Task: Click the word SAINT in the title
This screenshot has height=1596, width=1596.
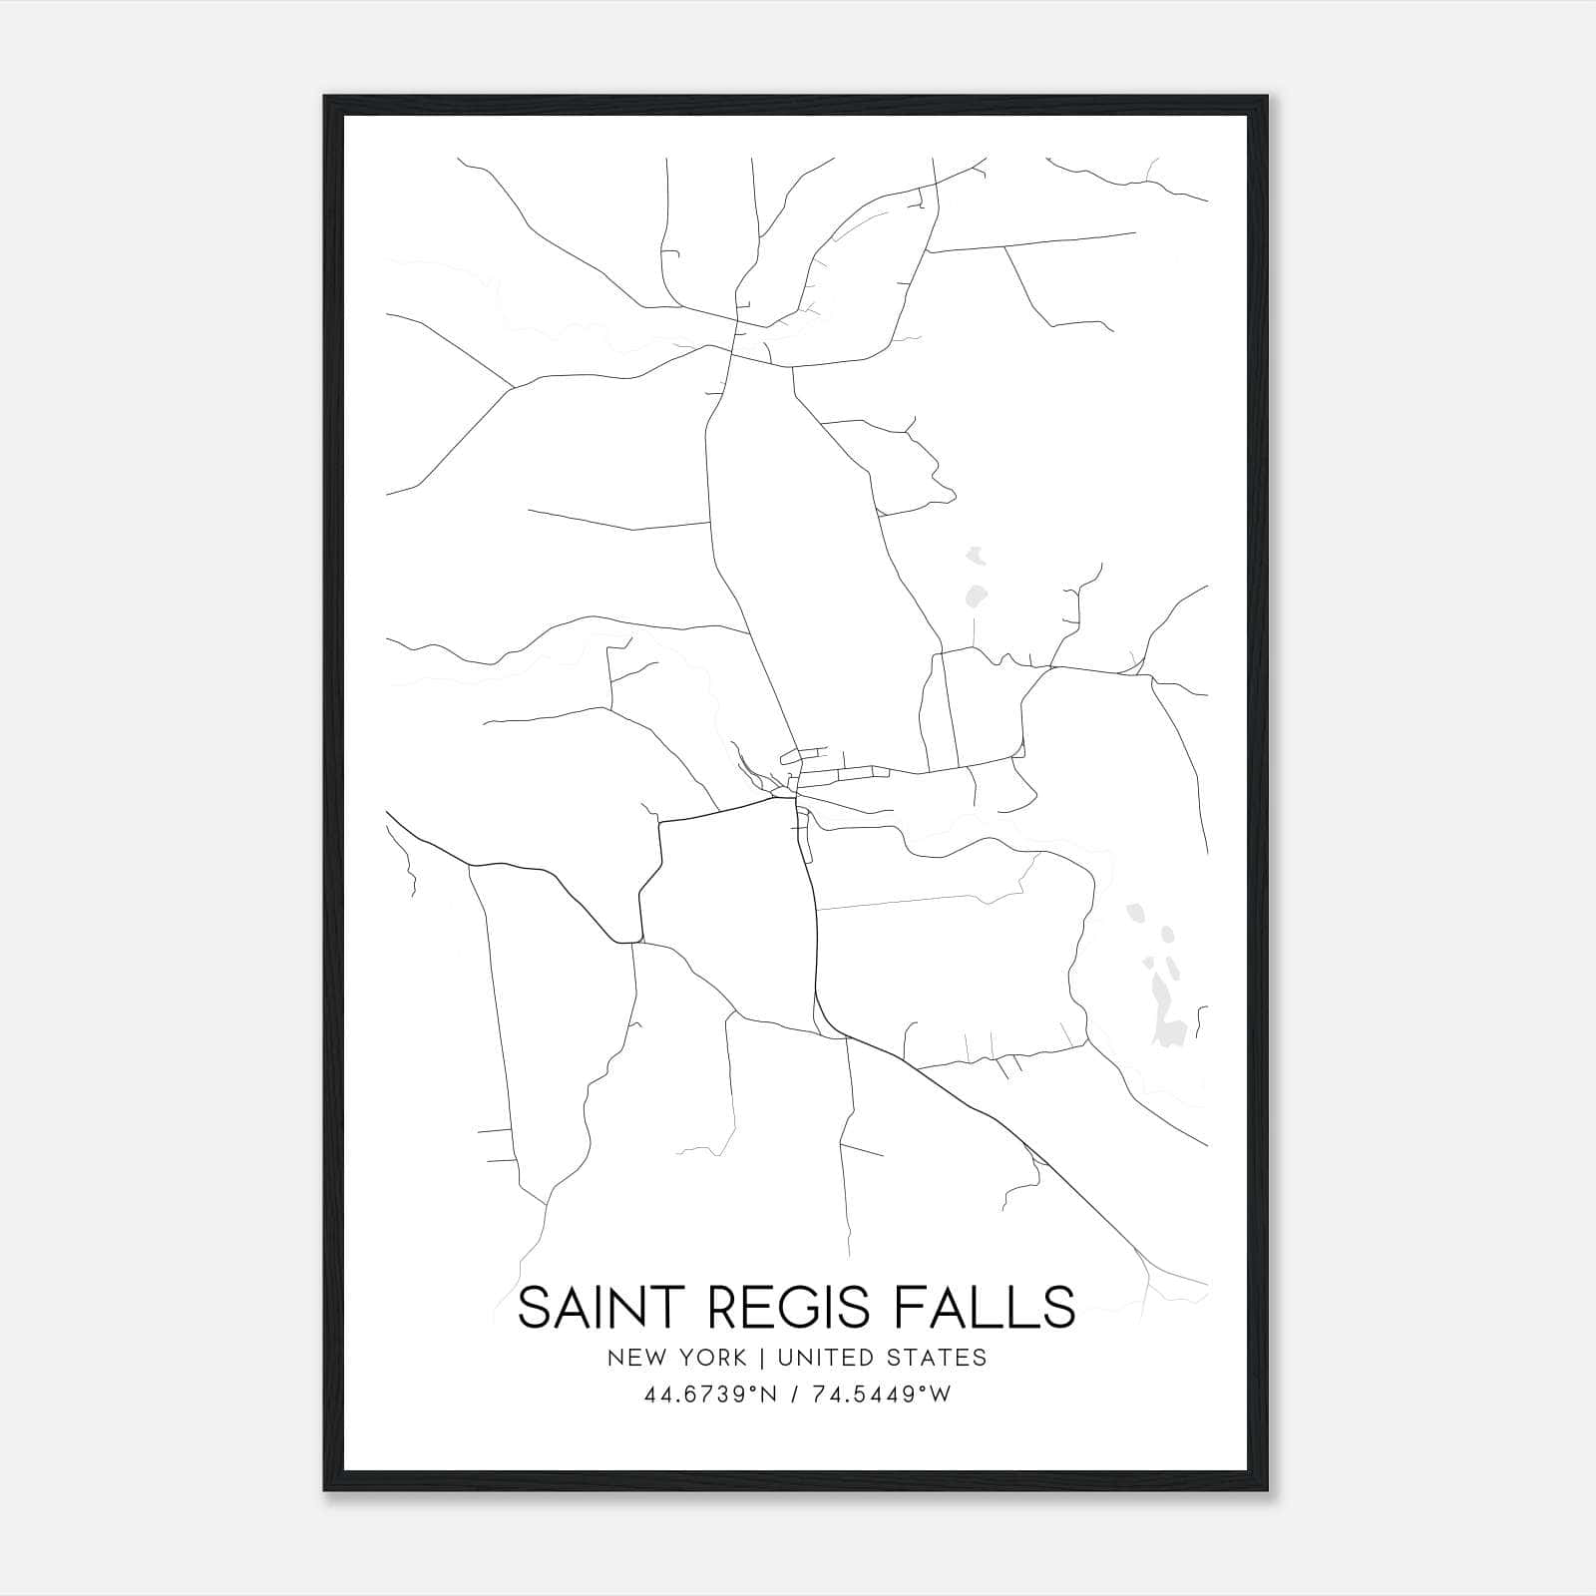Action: point(593,1308)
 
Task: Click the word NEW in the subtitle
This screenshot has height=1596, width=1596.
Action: point(632,1358)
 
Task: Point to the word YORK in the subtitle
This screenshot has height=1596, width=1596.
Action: point(710,1358)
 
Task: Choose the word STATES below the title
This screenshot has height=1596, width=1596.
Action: point(938,1358)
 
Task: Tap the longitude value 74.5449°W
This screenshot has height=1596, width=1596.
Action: point(877,1395)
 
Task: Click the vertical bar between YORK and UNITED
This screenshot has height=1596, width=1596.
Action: point(761,1358)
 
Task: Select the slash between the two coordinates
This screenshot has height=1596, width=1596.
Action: point(793,1395)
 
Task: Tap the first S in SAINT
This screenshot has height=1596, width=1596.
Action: point(536,1308)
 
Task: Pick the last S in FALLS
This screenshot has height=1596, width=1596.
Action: point(1058,1308)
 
